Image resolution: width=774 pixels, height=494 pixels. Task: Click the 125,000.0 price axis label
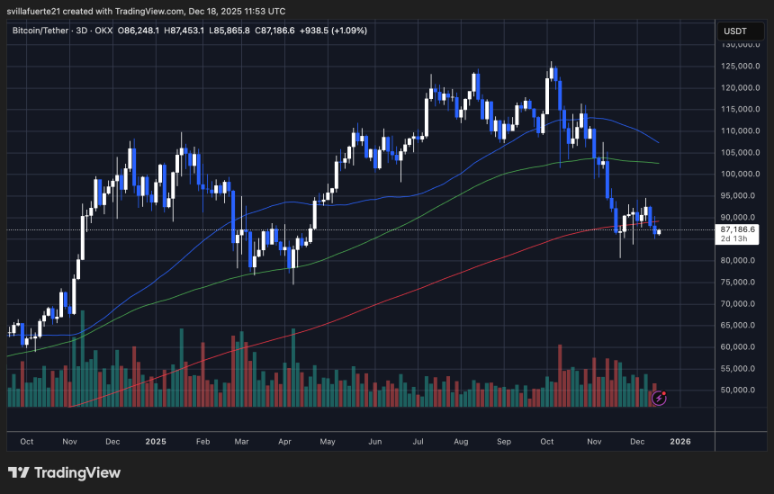click(738, 66)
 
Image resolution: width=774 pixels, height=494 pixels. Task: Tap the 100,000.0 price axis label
click(738, 174)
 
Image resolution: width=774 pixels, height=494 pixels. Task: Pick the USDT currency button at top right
click(736, 31)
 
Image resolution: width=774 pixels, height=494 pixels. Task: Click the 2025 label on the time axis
click(156, 442)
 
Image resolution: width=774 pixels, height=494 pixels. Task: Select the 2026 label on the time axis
click(680, 442)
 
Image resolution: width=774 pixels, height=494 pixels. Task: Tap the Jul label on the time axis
click(419, 442)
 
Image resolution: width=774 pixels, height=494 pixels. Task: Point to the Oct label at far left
click(27, 442)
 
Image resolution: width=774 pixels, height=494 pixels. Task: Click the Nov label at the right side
click(593, 442)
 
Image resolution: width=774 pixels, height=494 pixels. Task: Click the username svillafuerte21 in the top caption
click(37, 11)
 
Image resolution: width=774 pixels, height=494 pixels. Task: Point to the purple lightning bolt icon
click(660, 397)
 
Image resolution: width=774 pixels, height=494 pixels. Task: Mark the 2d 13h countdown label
click(733, 240)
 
